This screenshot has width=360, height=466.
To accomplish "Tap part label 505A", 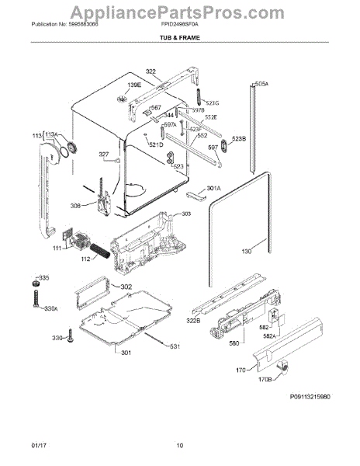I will (x=261, y=82).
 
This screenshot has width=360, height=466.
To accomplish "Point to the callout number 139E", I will (x=134, y=85).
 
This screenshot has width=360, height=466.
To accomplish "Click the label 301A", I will (x=214, y=188).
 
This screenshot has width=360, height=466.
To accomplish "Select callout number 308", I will (x=74, y=206).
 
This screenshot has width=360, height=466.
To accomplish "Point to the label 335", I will (x=43, y=277).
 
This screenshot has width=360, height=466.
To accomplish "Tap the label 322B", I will (x=193, y=321).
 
